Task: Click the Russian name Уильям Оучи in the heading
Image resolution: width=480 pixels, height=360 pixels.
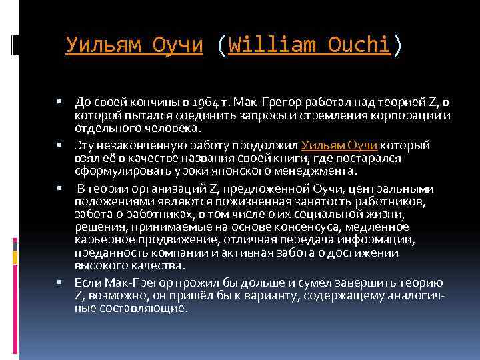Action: coord(134,45)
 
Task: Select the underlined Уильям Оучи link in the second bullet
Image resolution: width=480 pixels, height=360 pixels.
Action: coord(340,145)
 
